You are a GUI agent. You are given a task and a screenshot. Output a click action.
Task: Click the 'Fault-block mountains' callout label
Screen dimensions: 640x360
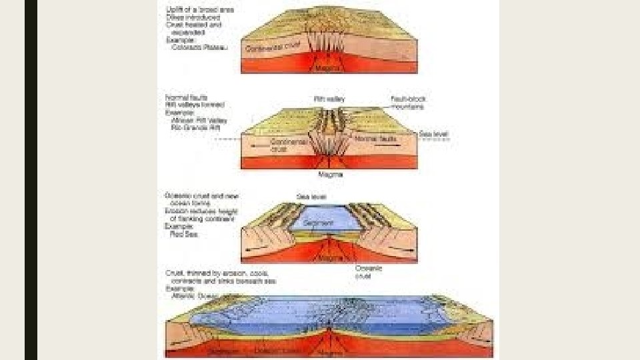coord(408,102)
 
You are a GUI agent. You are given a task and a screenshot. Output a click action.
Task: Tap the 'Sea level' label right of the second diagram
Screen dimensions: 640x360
coord(434,134)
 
